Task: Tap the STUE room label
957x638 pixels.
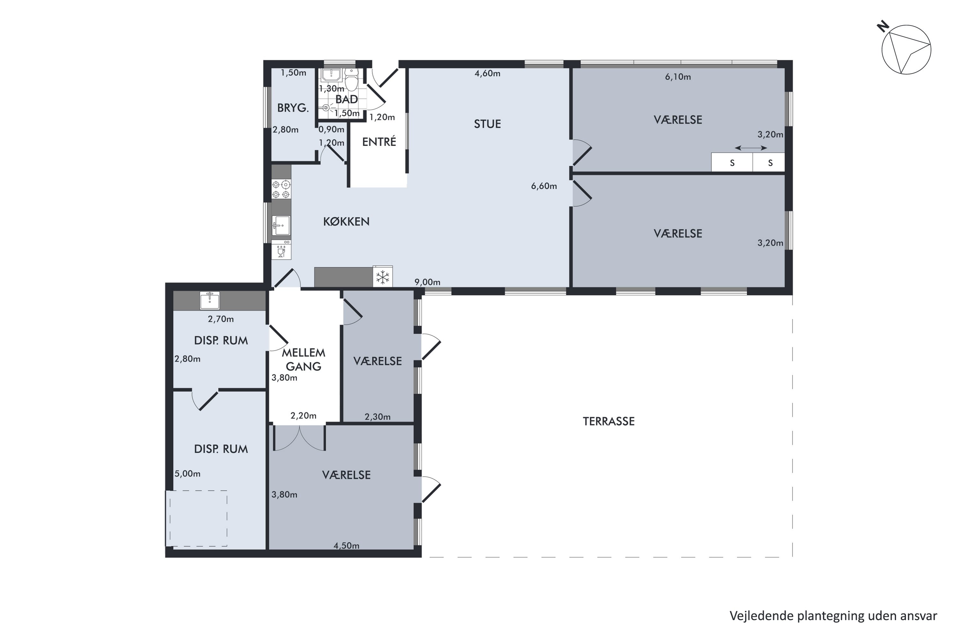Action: [487, 124]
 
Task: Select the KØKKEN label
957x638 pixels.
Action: [346, 221]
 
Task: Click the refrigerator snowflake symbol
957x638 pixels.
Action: [382, 278]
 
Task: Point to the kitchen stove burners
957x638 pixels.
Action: [281, 189]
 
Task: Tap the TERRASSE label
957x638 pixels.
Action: [609, 421]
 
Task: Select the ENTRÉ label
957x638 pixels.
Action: [379, 142]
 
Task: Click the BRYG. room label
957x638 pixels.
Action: [293, 108]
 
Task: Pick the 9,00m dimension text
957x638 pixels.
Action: [427, 282]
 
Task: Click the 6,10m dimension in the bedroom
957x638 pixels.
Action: [678, 77]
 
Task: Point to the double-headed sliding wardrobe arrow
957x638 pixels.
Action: [751, 148]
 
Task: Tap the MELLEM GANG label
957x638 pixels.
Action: [304, 359]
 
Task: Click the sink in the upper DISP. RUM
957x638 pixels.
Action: [210, 301]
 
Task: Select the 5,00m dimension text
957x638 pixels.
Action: [188, 474]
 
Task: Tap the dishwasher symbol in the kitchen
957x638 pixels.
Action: [281, 250]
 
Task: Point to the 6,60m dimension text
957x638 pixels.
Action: [544, 186]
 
